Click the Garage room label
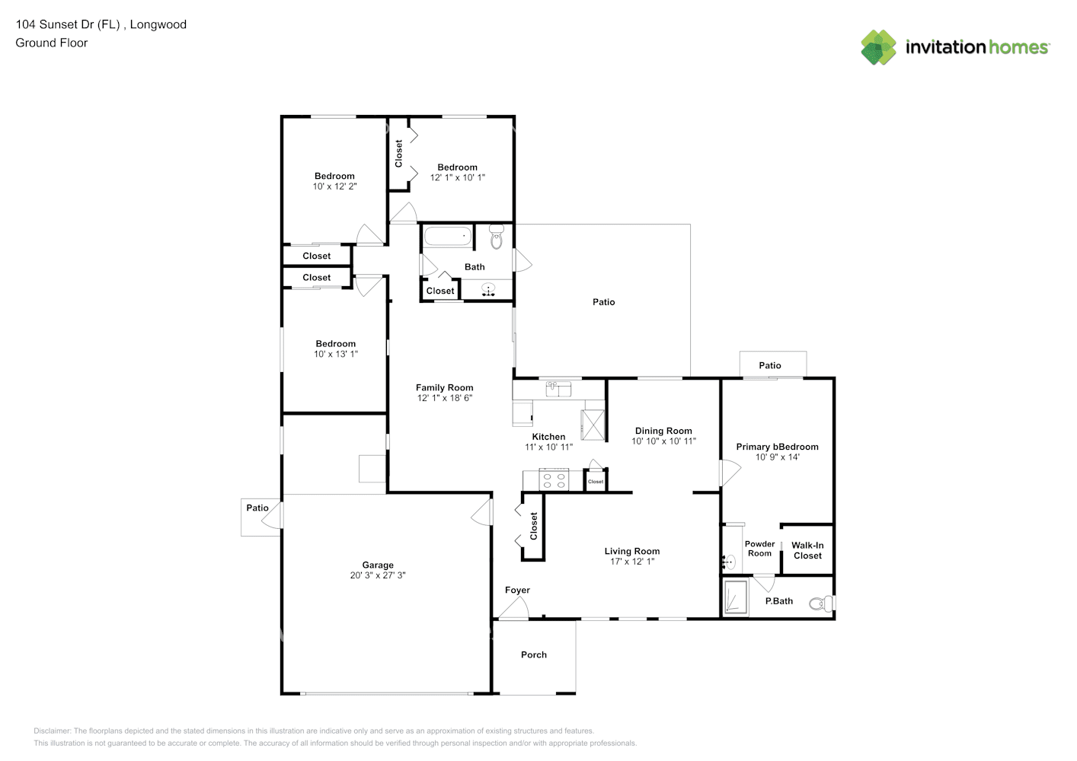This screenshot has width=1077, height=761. point(378,565)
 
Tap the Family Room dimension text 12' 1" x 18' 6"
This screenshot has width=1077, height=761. point(445,398)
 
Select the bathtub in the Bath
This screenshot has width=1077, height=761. point(448,236)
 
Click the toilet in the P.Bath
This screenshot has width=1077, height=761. point(820,603)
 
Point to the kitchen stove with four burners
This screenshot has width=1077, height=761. point(553,480)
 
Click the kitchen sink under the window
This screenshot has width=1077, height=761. point(558,390)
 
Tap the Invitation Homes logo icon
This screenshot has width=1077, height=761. point(878,47)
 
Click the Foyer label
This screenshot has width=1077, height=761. point(517,590)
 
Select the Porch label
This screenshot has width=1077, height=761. point(534,654)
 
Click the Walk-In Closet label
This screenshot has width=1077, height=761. point(807,550)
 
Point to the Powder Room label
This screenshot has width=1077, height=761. point(759,549)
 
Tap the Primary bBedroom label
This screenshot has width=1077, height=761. point(777,447)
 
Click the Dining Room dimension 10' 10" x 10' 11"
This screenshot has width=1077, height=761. point(663,441)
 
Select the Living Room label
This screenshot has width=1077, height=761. point(632,551)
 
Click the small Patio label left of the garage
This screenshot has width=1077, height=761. point(257,508)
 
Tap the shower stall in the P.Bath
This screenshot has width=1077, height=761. point(735,597)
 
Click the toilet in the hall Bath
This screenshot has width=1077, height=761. point(497,237)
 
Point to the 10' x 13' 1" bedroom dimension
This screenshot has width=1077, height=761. point(336,354)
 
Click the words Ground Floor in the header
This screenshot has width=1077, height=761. point(52,43)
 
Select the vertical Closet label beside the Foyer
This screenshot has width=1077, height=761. point(534,526)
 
